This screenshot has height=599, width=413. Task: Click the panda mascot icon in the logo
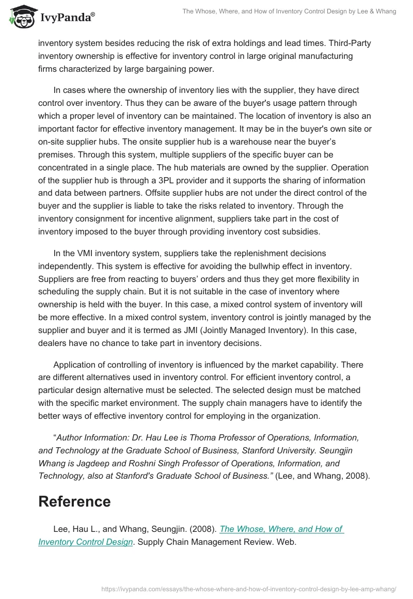[21, 17]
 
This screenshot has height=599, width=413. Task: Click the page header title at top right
[289, 11]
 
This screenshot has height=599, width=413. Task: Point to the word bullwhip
[271, 266]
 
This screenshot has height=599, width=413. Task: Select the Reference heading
[74, 501]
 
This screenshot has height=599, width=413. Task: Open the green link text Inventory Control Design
[85, 542]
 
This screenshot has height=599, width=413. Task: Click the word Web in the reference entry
[285, 542]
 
